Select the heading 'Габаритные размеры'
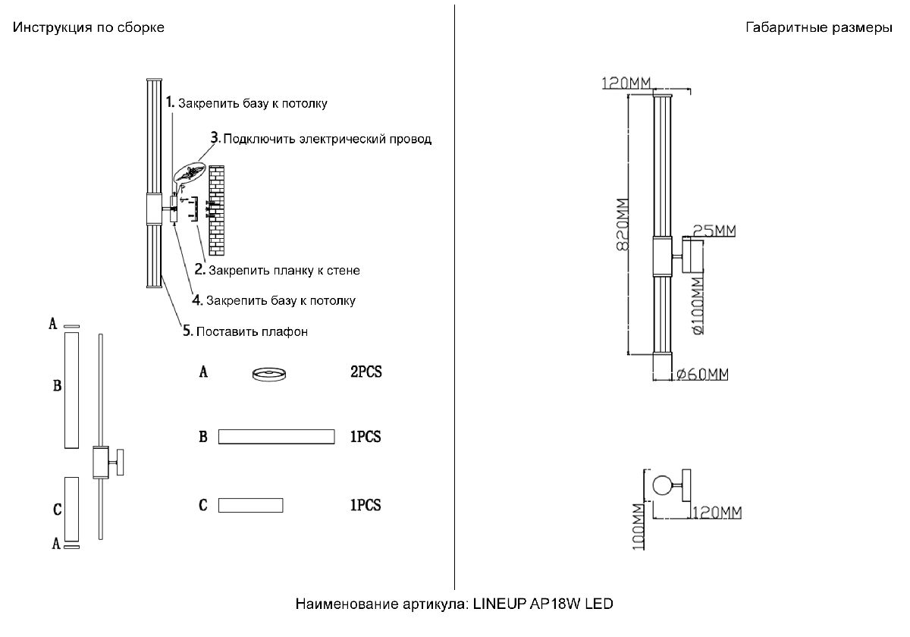tap(819, 28)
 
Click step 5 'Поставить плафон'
tap(251, 331)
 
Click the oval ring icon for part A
tap(269, 373)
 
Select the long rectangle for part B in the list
tap(276, 436)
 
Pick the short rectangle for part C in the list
tap(250, 505)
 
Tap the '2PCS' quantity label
tap(366, 373)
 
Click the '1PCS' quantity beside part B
tap(366, 437)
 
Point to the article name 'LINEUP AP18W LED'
tap(542, 604)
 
